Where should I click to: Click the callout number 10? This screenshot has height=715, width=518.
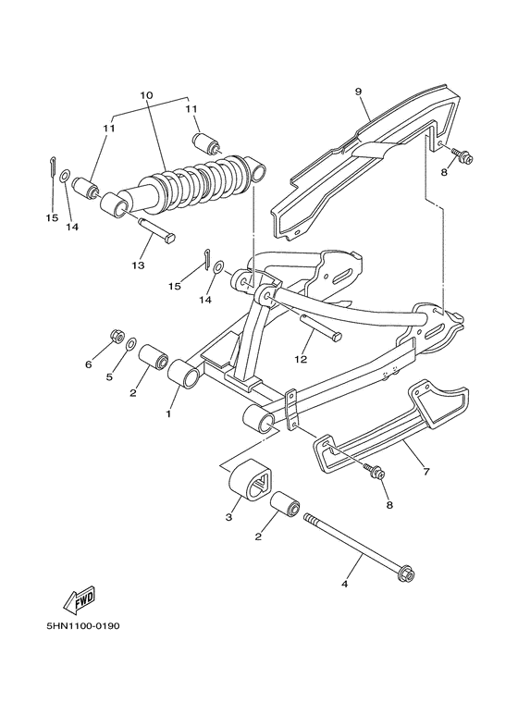tap(145, 96)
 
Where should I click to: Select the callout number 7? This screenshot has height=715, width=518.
tap(426, 472)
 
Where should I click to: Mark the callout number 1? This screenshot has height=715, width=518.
tap(168, 414)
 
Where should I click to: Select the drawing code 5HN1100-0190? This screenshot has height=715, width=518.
tap(82, 625)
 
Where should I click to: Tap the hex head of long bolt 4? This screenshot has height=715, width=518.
tap(404, 578)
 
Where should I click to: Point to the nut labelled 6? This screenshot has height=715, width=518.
tap(117, 334)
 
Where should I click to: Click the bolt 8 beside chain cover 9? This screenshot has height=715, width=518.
tap(464, 158)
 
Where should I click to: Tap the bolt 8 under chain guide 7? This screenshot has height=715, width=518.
tap(376, 472)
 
